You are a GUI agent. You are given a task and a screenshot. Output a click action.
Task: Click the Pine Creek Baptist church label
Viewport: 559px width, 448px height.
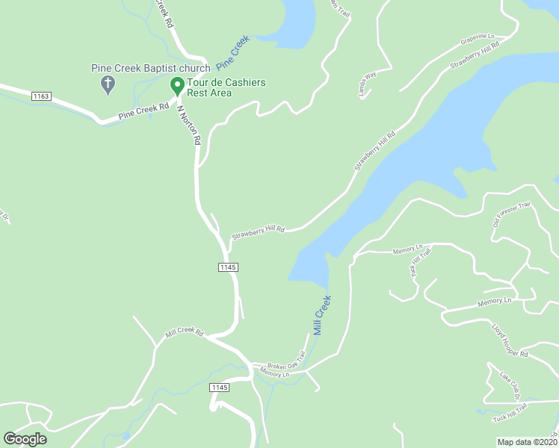coord(151,68)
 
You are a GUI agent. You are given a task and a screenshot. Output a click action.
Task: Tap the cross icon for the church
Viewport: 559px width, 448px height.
coord(107,84)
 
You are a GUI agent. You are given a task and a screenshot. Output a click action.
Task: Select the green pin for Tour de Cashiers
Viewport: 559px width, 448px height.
coord(178,86)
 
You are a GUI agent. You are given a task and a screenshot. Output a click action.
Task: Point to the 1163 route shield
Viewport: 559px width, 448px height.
coord(41,96)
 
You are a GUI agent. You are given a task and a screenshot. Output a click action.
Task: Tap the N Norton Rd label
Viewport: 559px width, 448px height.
coord(190,124)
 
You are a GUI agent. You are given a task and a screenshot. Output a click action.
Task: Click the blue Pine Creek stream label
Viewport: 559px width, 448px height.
coord(232,52)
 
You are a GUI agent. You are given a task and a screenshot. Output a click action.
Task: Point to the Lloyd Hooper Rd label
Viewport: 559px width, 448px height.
coord(510,340)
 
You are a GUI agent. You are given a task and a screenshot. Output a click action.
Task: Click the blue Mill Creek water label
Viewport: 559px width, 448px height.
coord(322,315)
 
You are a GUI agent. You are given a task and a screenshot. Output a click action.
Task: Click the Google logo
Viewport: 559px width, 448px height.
coord(25,439)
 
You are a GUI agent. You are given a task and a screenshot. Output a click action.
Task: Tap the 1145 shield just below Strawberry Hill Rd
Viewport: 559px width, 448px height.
coord(229,267)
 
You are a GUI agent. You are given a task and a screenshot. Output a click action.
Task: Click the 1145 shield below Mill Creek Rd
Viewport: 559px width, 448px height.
coord(219,387)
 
